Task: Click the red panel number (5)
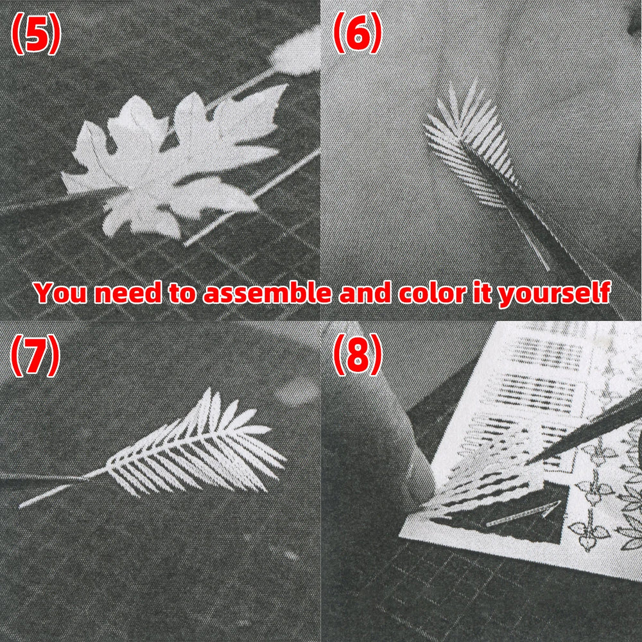36,33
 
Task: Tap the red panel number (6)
358,33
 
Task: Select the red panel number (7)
35,355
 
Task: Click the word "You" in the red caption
60,293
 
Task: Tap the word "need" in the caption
128,293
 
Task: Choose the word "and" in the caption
364,293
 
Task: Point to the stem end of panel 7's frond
21,507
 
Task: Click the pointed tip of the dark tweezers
526,462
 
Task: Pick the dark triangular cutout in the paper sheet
512,516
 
